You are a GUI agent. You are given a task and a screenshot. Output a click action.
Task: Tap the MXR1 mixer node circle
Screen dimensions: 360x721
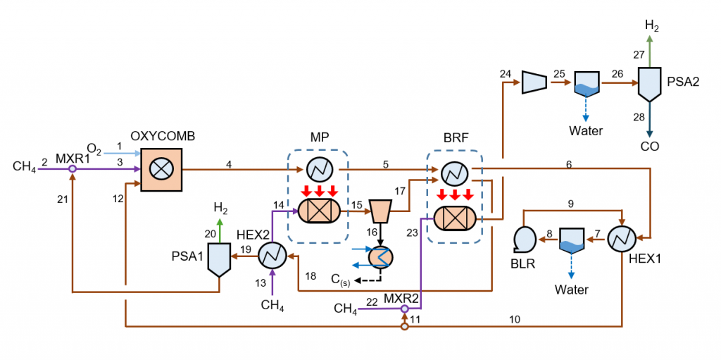tap(73, 168)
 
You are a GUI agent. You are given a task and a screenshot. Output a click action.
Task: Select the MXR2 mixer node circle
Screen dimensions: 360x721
tap(404, 309)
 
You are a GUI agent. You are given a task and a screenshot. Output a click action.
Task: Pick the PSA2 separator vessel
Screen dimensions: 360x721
tap(648, 84)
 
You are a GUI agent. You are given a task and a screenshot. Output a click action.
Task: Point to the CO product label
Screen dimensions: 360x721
tap(650, 147)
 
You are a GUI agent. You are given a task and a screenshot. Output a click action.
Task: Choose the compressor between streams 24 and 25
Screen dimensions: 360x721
tap(534, 82)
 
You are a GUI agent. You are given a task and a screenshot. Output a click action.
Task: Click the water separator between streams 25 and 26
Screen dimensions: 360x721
tap(586, 84)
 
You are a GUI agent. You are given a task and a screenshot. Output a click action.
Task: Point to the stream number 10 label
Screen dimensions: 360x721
tap(515, 320)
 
